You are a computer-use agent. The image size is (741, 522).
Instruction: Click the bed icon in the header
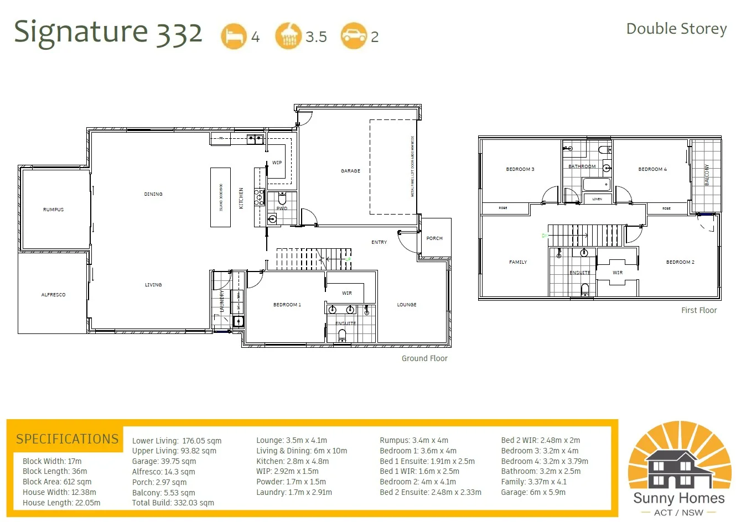click(x=234, y=36)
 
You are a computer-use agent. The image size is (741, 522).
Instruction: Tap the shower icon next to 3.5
click(x=288, y=36)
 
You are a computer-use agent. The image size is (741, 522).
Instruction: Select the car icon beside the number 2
click(x=354, y=36)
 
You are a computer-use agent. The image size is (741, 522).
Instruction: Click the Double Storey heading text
click(x=676, y=29)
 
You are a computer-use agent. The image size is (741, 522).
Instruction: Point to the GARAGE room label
click(x=350, y=171)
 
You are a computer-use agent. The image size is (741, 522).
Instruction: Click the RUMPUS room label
click(x=54, y=210)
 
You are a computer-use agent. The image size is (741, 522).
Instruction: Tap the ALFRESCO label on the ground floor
click(x=54, y=295)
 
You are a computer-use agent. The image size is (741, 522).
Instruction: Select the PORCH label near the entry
click(x=434, y=238)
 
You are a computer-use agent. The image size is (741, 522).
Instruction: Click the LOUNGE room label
click(x=407, y=305)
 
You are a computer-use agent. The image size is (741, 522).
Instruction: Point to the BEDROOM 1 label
click(x=287, y=305)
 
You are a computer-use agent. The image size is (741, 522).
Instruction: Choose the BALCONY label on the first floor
click(x=707, y=175)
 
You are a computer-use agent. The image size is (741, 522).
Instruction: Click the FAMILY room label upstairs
click(x=518, y=262)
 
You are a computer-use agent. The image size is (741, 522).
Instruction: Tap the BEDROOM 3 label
click(x=520, y=169)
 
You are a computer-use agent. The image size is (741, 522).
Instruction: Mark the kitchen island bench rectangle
click(x=220, y=197)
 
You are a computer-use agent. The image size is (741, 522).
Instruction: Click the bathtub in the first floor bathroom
click(x=597, y=184)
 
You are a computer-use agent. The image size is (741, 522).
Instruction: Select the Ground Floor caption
click(x=424, y=358)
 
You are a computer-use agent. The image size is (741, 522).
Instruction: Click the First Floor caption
click(x=699, y=310)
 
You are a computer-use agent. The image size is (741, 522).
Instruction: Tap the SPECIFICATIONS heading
click(x=67, y=439)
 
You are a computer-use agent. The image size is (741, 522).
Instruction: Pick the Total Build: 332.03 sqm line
click(x=173, y=503)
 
